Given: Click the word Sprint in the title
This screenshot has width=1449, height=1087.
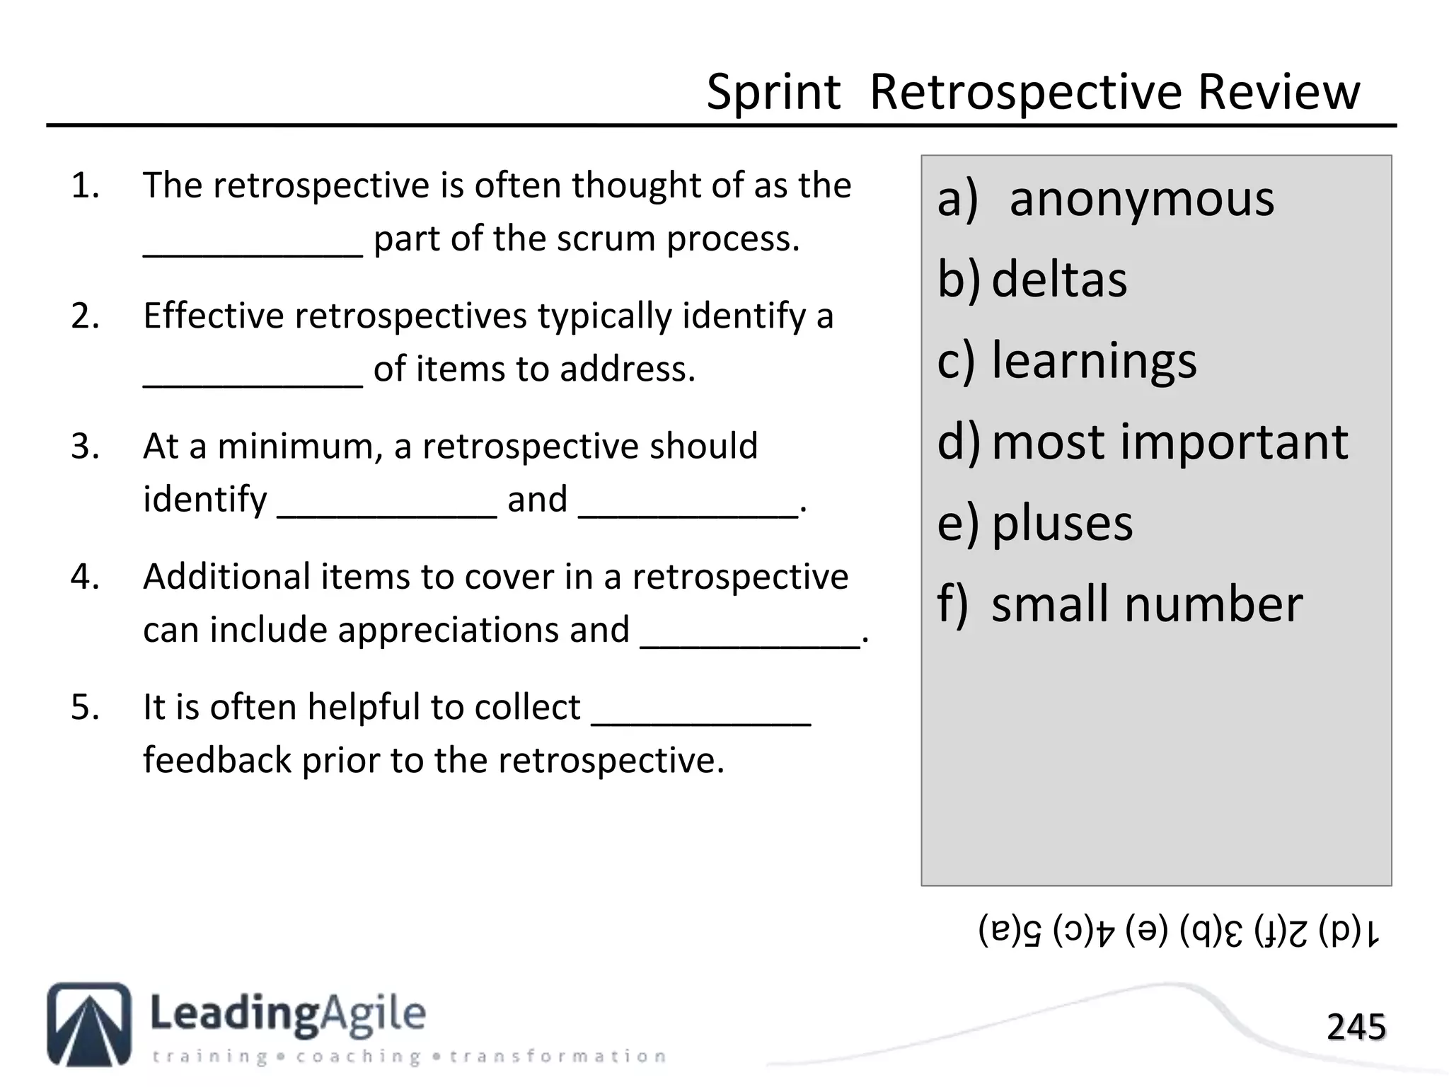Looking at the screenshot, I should click(773, 93).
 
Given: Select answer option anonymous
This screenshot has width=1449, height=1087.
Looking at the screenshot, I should click(1141, 200).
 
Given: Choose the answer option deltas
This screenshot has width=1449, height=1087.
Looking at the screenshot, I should click(1058, 280).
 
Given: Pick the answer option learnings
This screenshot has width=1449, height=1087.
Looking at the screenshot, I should click(1093, 361).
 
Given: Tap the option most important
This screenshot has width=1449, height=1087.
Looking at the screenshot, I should click(1169, 442).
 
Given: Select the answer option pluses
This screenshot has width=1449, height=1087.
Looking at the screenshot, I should click(1061, 524).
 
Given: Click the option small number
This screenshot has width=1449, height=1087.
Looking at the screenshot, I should click(1146, 605).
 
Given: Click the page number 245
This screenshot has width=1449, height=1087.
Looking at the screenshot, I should click(1356, 1027).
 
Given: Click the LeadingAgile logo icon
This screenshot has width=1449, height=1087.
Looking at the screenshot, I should click(89, 1024).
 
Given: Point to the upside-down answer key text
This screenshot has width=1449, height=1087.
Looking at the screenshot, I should click(1179, 931).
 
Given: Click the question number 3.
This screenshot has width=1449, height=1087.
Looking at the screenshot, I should click(85, 447).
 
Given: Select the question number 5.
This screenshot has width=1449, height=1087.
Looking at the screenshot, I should click(85, 708).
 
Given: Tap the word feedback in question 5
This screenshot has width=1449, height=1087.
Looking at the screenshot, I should click(217, 761).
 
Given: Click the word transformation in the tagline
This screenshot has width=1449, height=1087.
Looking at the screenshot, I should click(558, 1057).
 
